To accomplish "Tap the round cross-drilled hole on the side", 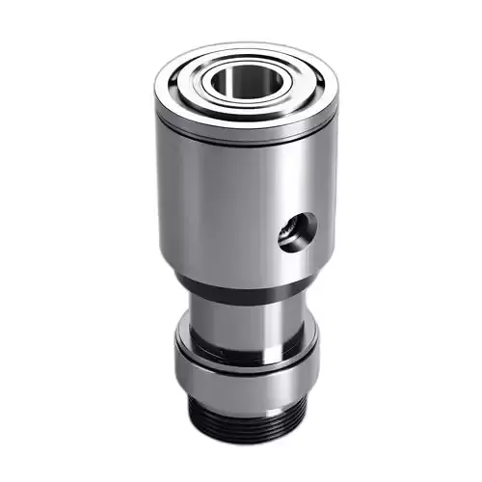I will click(x=297, y=231).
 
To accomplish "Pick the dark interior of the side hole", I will click(x=300, y=232).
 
